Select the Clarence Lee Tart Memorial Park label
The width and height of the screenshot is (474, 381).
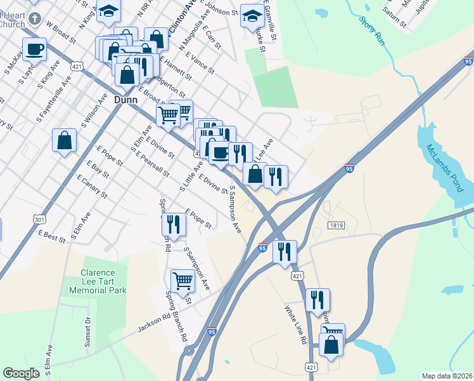pyautogui.click(x=103, y=281)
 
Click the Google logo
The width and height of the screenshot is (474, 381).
pyautogui.click(x=21, y=373)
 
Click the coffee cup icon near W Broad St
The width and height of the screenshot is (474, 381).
pyautogui.click(x=35, y=49)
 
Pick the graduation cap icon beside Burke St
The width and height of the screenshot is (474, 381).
pyautogui.click(x=252, y=15)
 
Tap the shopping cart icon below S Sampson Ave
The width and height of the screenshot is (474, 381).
pyautogui.click(x=183, y=280)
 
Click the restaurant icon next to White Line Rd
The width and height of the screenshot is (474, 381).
pyautogui.click(x=317, y=300)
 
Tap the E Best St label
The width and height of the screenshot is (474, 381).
pyautogui.click(x=52, y=236)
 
